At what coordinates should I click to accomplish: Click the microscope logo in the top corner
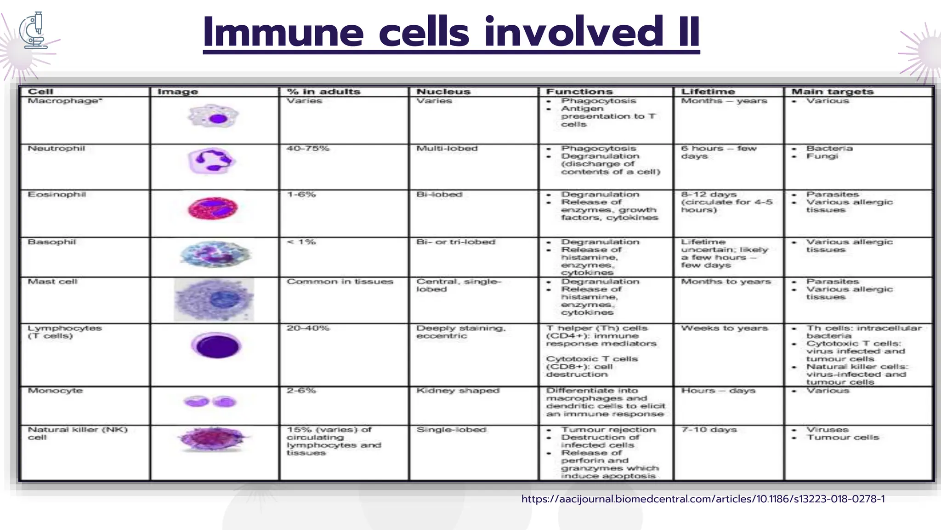click(x=34, y=30)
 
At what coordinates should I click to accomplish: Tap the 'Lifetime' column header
click(x=708, y=92)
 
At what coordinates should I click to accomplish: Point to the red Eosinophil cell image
click(x=213, y=208)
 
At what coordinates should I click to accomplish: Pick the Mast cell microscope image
click(x=214, y=300)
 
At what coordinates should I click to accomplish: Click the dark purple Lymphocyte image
click(x=216, y=346)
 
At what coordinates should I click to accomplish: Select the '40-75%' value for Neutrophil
click(x=308, y=149)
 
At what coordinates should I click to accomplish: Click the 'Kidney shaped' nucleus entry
click(x=458, y=391)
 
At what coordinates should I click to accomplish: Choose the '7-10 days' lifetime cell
click(x=709, y=430)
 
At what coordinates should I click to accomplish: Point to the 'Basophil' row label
click(x=51, y=242)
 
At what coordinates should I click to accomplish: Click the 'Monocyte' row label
click(x=55, y=391)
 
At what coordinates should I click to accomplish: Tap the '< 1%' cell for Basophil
click(x=301, y=242)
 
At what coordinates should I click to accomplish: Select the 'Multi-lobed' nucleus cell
click(x=447, y=149)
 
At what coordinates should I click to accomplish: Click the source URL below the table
click(x=703, y=499)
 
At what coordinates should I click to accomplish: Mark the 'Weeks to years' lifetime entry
click(x=724, y=328)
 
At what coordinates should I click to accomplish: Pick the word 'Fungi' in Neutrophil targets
click(x=822, y=156)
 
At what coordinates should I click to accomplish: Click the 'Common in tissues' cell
click(x=340, y=282)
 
